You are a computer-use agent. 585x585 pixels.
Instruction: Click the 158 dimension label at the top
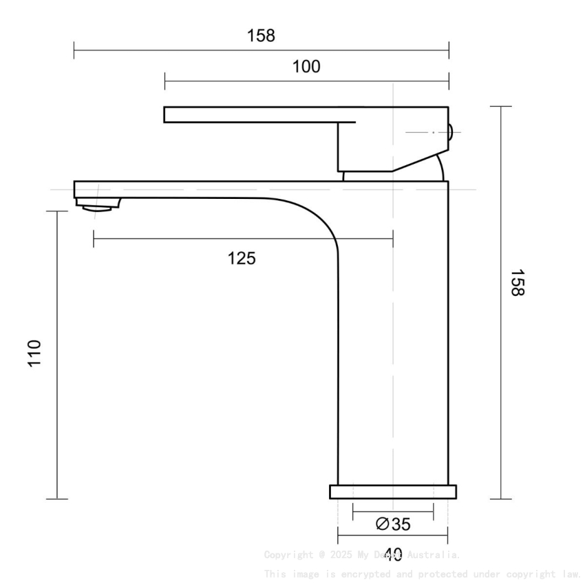261,36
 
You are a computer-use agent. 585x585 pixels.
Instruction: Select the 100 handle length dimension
306,66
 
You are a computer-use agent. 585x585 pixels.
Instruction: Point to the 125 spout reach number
242,259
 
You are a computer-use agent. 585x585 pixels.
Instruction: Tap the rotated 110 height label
35,353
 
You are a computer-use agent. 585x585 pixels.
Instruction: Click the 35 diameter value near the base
401,524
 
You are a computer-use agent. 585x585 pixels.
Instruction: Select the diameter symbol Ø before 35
383,524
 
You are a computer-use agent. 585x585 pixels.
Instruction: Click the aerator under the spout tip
98,204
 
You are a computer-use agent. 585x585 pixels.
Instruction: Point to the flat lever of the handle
255,114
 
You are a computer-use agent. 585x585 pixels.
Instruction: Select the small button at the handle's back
451,131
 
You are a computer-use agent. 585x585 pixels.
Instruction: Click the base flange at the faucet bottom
392,491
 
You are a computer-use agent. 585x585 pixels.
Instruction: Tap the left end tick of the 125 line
94,238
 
